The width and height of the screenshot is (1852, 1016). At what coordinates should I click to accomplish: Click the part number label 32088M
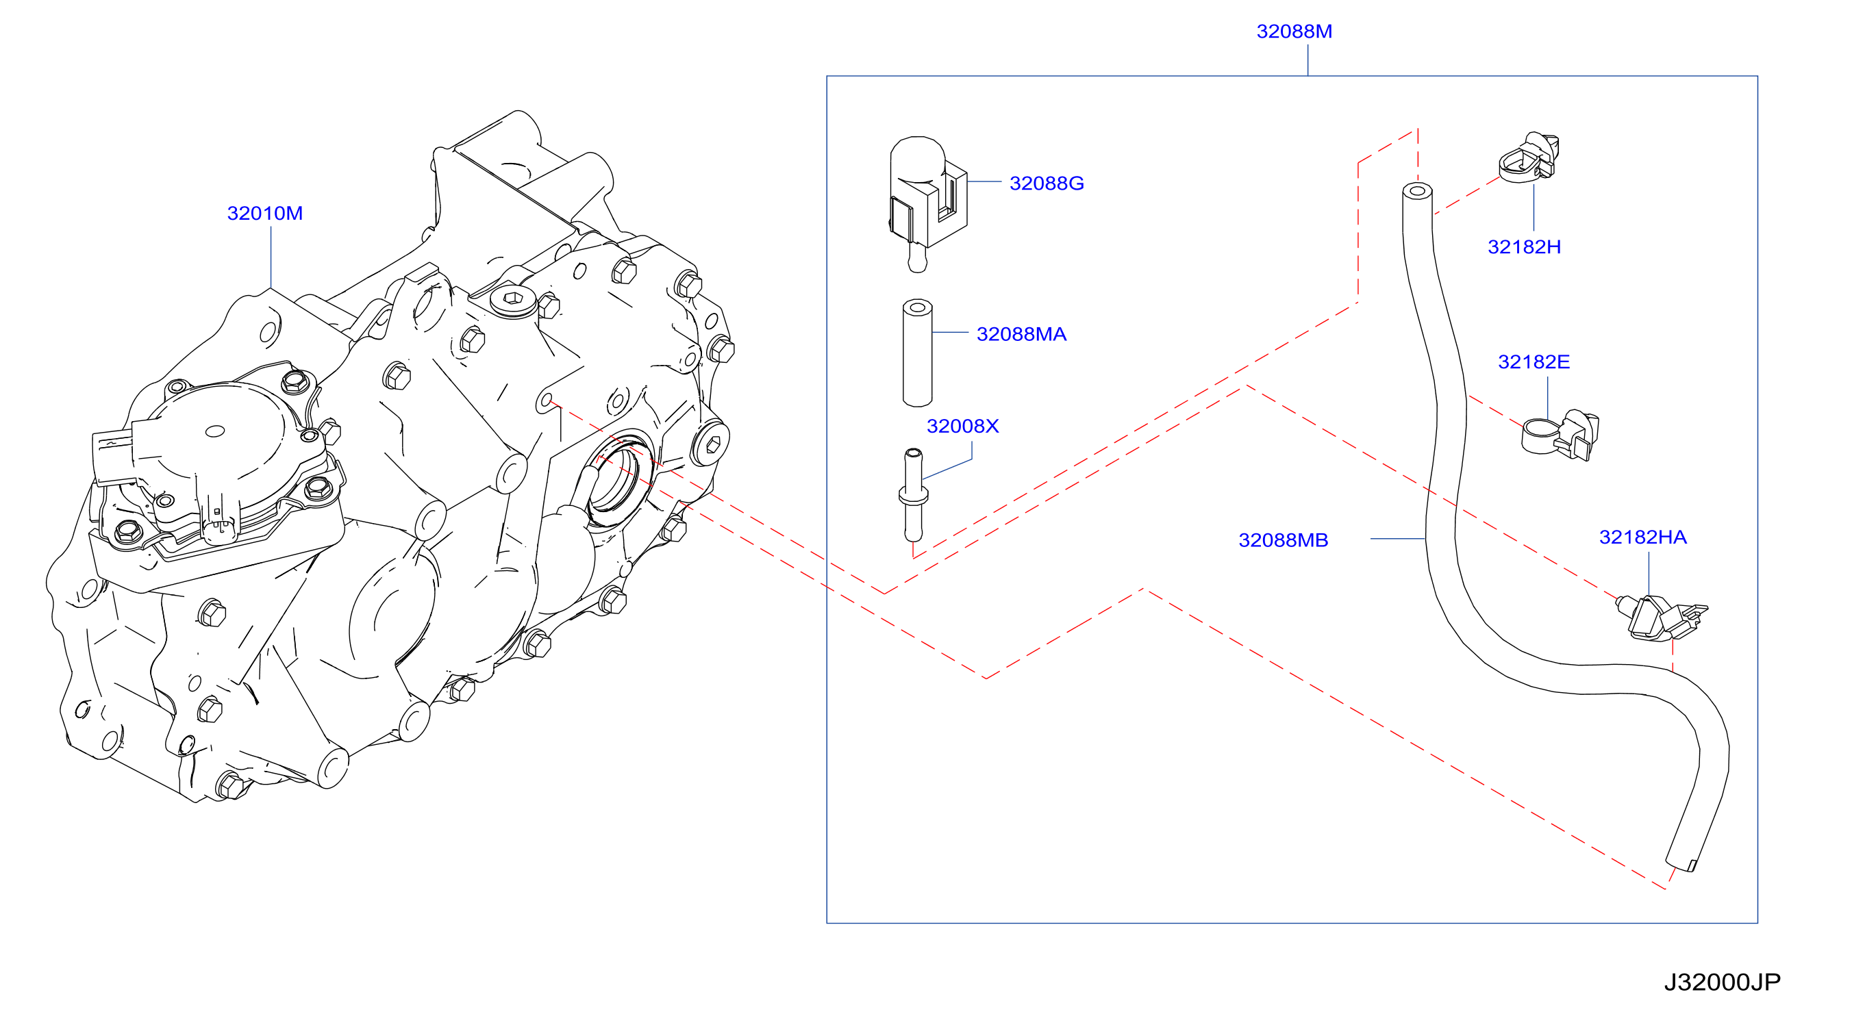pos(1294,31)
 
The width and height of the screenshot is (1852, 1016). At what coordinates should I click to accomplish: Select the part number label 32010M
pos(264,214)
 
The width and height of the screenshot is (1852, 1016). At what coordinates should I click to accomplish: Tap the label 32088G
pos(1046,183)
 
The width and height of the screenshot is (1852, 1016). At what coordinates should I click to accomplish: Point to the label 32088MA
pos(1021,334)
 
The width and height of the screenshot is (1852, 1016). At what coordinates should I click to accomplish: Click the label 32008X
pos(963,426)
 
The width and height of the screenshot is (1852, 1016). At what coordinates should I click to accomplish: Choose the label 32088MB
pos(1284,540)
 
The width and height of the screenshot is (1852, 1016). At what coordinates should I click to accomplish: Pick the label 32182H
pos(1524,247)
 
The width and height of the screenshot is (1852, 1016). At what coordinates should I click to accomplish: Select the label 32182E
pos(1534,362)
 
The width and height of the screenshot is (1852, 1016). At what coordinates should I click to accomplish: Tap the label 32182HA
pos(1643,537)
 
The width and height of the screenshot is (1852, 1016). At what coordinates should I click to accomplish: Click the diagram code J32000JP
pos(1723,982)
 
